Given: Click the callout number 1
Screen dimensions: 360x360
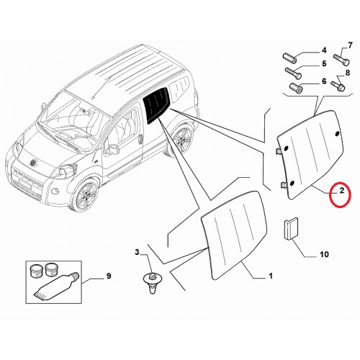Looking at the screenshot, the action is click(x=271, y=276).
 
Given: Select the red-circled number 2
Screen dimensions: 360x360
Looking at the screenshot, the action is click(x=342, y=191).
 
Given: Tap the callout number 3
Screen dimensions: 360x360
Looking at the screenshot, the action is click(x=137, y=252).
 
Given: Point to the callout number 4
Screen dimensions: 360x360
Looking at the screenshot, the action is click(x=324, y=50).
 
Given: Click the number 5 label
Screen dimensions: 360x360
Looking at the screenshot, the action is click(x=324, y=63).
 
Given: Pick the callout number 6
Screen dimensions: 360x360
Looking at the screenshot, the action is click(x=324, y=81).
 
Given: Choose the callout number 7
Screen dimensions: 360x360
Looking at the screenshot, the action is click(x=350, y=45).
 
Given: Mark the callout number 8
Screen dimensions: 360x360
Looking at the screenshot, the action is click(x=348, y=73).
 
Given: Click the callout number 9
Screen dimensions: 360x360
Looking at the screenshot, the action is click(x=109, y=276).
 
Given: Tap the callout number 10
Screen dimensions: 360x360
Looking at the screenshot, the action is click(x=324, y=254).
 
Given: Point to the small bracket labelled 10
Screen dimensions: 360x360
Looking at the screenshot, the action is click(x=291, y=228).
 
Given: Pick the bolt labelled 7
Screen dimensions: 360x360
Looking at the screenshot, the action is click(x=341, y=60).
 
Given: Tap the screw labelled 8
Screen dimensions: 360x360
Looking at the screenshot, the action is click(x=338, y=86).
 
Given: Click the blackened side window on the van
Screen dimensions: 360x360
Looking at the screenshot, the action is click(x=156, y=105).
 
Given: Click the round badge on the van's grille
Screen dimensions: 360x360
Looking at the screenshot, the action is click(x=32, y=163).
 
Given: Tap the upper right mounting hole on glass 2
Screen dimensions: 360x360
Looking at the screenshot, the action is click(x=337, y=133).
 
